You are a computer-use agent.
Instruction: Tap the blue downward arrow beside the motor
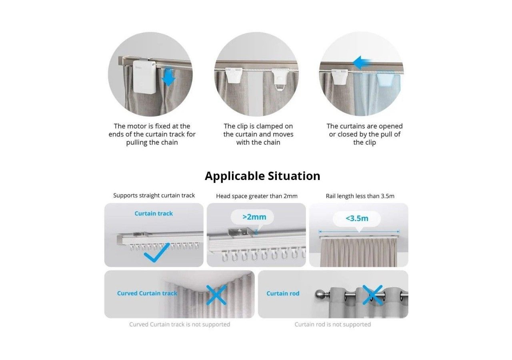point(169,77)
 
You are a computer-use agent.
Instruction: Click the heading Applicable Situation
point(262,176)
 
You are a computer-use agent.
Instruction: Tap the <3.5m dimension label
point(357,218)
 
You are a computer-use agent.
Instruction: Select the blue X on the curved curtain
point(216,295)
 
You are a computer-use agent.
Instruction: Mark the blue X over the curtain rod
point(373,295)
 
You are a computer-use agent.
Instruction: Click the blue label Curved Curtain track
point(147,293)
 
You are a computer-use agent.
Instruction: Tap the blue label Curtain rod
point(283,293)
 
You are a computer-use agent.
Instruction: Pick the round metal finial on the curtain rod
point(320,294)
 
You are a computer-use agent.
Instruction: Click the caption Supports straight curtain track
point(154,196)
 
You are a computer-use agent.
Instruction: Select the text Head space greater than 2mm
point(256,196)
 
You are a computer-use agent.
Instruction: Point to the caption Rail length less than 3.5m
point(360,196)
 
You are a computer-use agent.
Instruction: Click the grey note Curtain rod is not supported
point(332,324)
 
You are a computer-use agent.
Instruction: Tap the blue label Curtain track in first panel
point(154,214)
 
